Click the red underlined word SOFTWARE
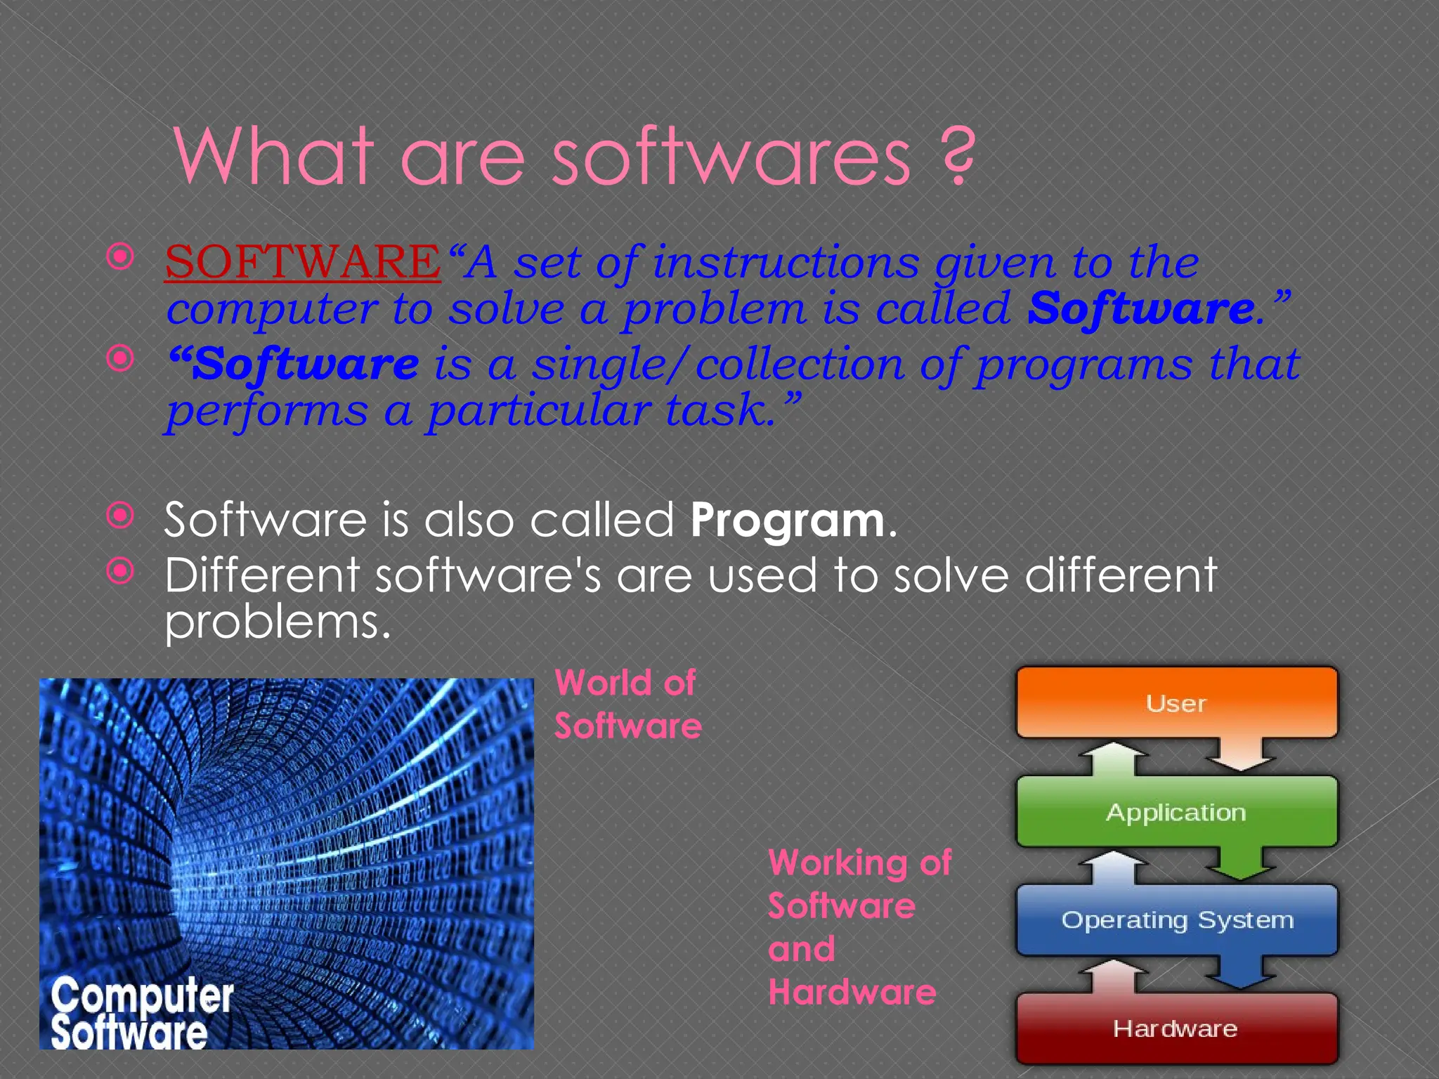[303, 261]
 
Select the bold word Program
[787, 521]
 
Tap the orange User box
[1176, 702]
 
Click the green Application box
[1176, 812]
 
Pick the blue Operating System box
[1176, 920]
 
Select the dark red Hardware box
[1176, 1028]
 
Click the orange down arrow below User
[1241, 756]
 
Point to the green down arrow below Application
[1241, 864]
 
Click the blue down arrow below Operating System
[1241, 973]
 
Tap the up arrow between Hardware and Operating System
[1114, 976]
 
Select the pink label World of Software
[627, 704]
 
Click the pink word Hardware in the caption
[852, 992]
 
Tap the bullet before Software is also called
[120, 516]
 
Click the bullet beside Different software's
[120, 571]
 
